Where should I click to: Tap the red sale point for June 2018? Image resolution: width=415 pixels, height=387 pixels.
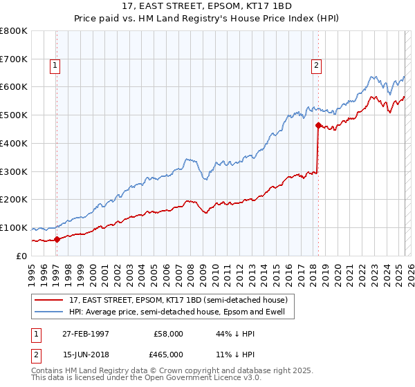[x=318, y=125]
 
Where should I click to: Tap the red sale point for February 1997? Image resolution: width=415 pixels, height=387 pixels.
[x=57, y=239]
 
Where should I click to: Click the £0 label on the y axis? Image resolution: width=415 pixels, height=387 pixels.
[x=22, y=256]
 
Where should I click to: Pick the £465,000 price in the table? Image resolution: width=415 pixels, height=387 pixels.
[x=168, y=354]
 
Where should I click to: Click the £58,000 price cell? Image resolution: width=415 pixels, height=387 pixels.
[x=168, y=334]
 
